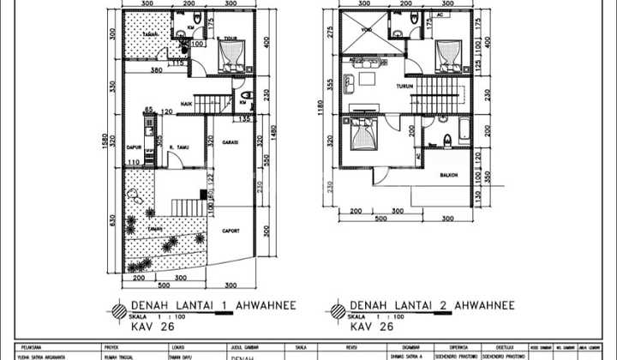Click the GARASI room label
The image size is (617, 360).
click(x=229, y=142)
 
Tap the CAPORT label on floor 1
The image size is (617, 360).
click(x=231, y=231)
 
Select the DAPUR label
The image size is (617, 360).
click(x=133, y=147)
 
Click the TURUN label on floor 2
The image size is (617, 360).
click(x=405, y=87)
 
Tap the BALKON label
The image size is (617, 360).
click(x=448, y=176)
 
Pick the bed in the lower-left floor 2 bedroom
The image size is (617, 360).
click(x=362, y=135)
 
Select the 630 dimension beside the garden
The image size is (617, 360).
click(x=111, y=219)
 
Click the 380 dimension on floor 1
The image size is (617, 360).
click(x=157, y=69)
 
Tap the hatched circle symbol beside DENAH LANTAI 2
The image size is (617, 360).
click(x=337, y=309)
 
